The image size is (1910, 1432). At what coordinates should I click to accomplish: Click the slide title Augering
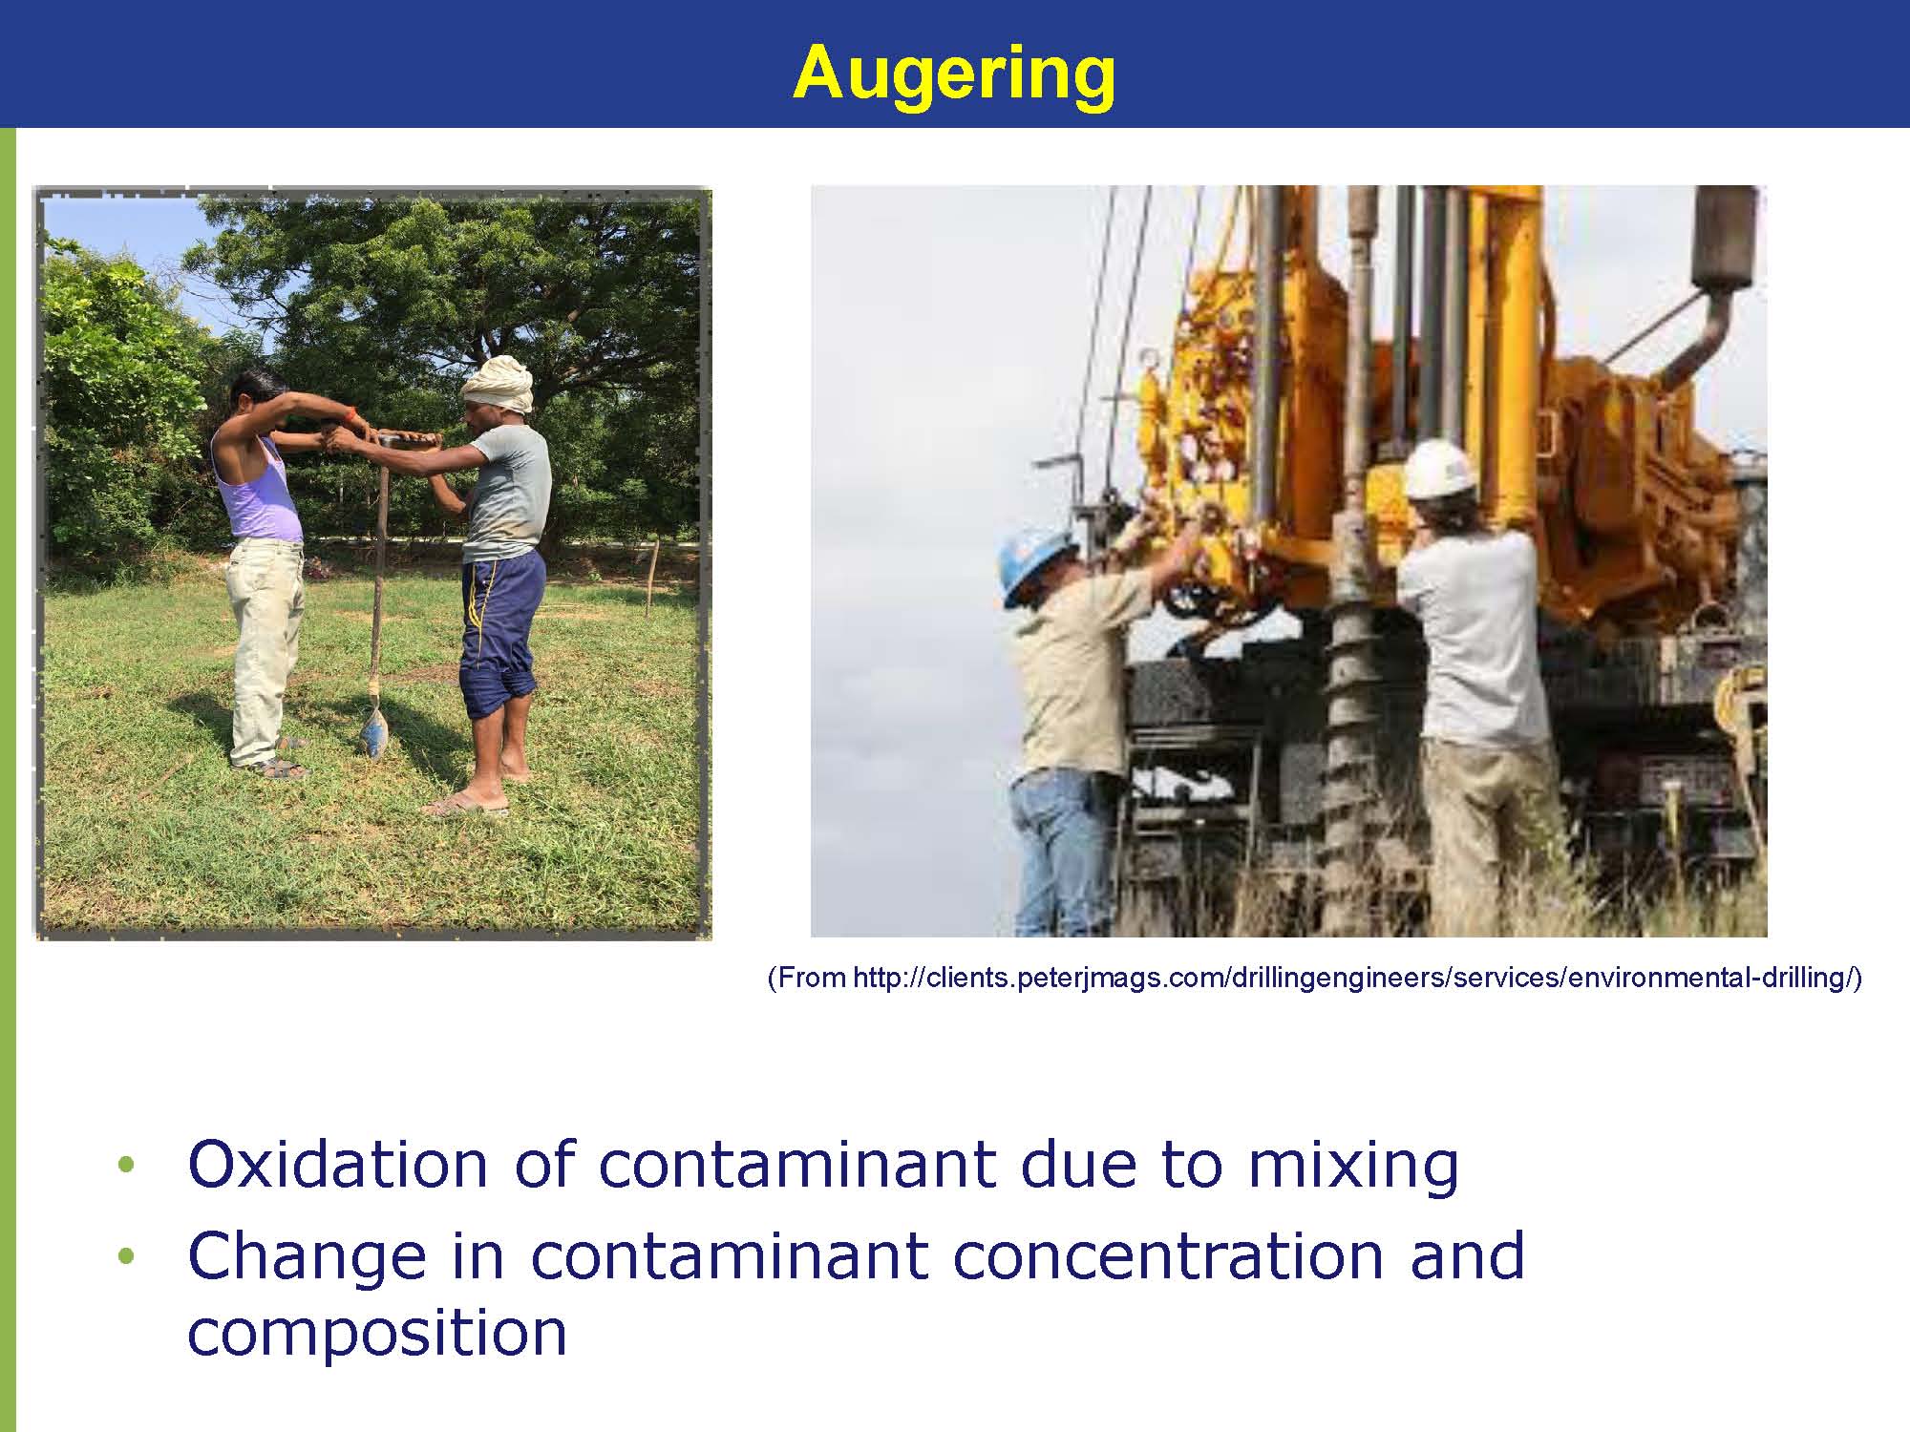click(x=954, y=74)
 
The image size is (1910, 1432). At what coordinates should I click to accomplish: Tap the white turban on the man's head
click(x=497, y=384)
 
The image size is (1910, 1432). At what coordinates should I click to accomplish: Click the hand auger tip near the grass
click(x=371, y=731)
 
